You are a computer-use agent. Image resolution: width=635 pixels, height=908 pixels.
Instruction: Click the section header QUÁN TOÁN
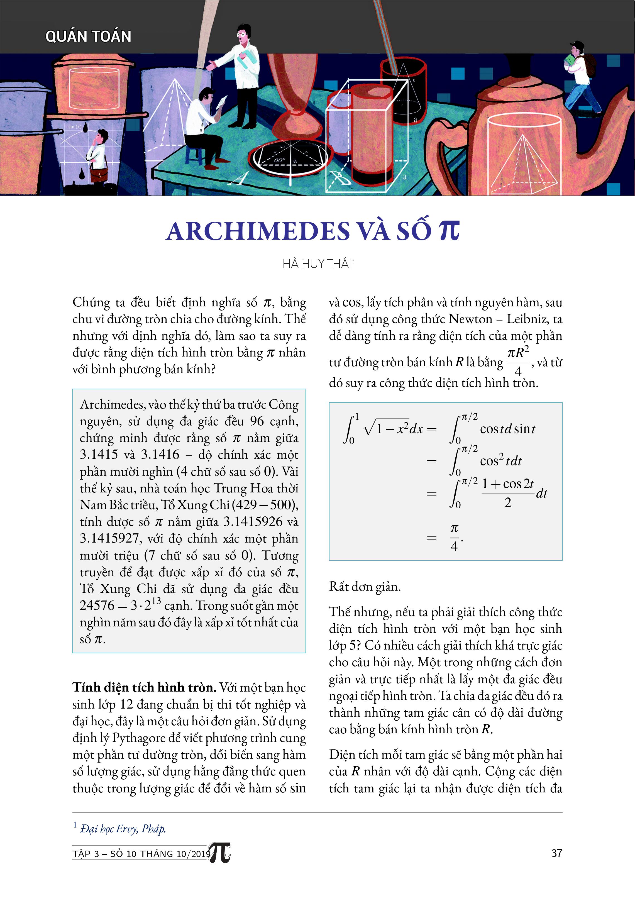(x=88, y=36)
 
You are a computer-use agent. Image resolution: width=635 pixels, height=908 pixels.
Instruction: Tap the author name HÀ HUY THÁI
(x=317, y=264)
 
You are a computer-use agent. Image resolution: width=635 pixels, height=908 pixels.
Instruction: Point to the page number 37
(x=556, y=853)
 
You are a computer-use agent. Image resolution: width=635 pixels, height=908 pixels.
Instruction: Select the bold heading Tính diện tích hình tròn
(x=144, y=687)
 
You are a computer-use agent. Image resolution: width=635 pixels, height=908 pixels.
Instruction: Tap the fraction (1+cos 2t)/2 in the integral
(x=508, y=493)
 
